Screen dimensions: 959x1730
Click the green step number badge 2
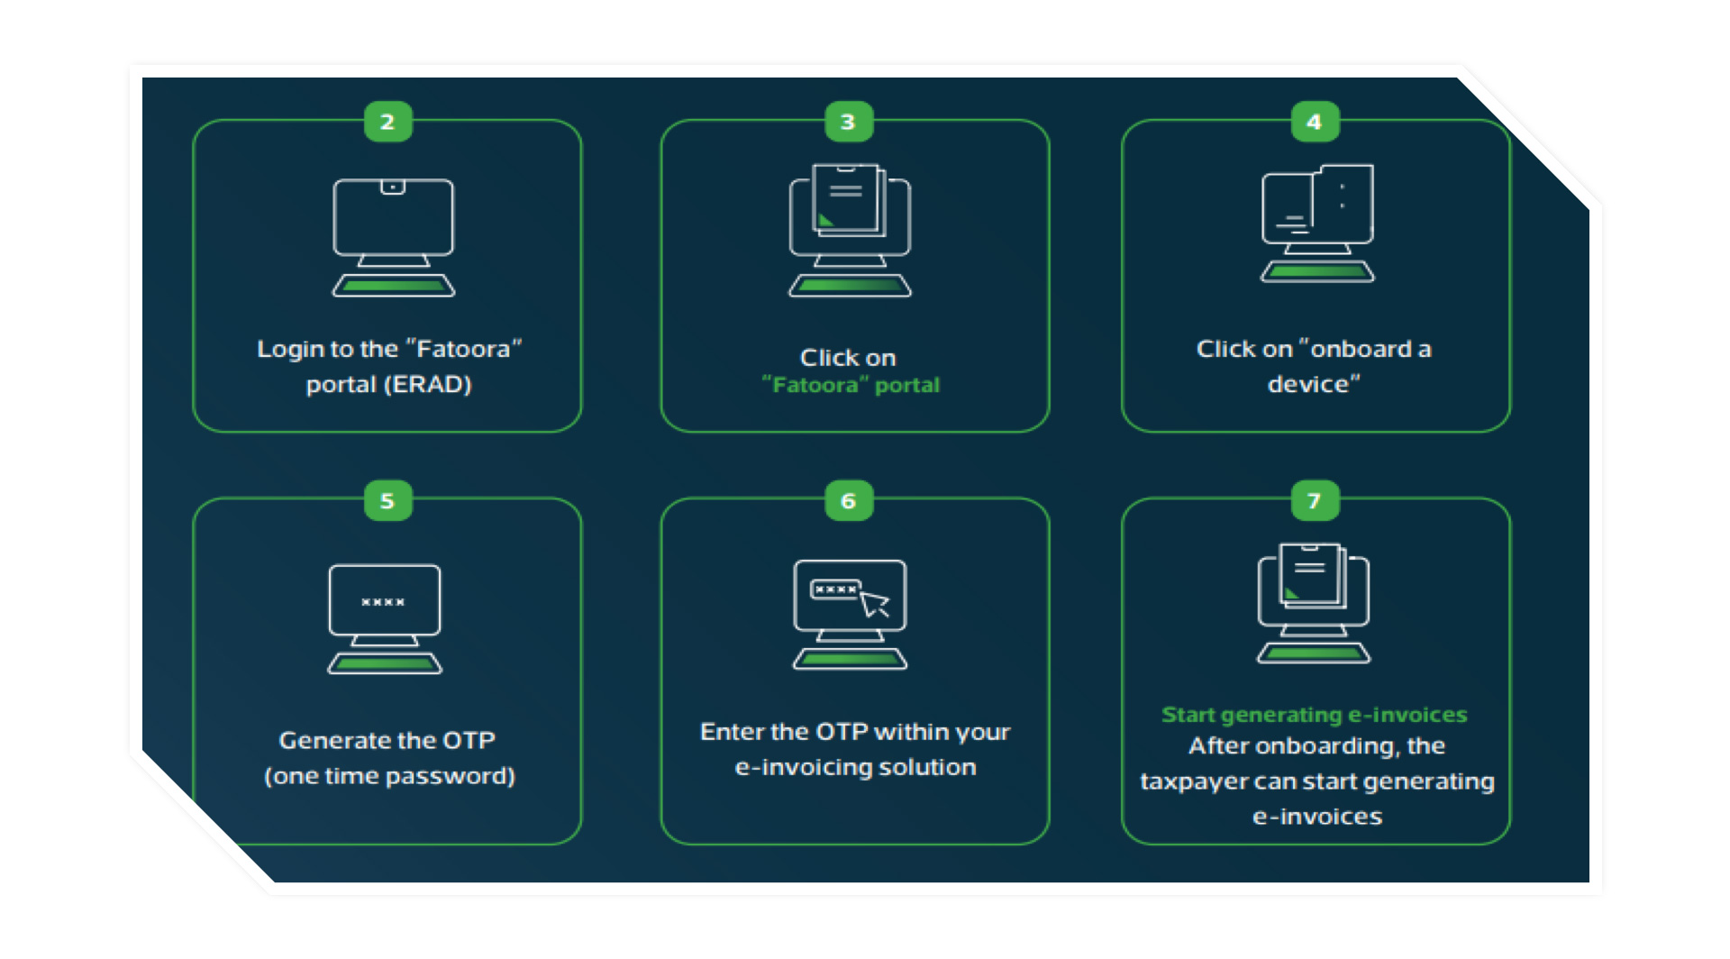(387, 122)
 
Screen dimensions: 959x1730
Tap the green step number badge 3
(848, 122)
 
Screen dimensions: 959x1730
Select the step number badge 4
(1314, 122)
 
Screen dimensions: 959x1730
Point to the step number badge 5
(387, 500)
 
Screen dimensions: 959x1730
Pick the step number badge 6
(848, 500)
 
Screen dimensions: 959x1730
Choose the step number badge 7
(1314, 500)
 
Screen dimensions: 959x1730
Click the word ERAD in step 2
(428, 385)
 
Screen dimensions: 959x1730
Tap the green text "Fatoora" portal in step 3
(851, 386)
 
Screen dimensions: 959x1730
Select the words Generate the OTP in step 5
(387, 740)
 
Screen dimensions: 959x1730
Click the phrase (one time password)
(389, 776)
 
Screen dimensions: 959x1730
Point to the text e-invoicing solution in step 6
(855, 767)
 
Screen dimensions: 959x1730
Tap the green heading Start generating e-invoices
(1314, 715)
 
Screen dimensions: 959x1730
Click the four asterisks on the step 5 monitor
(383, 602)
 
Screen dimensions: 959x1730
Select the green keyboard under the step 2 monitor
(394, 287)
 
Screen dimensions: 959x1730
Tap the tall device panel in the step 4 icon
(1343, 204)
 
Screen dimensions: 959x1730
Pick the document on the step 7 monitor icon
(1311, 574)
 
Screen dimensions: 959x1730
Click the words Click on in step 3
(848, 358)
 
